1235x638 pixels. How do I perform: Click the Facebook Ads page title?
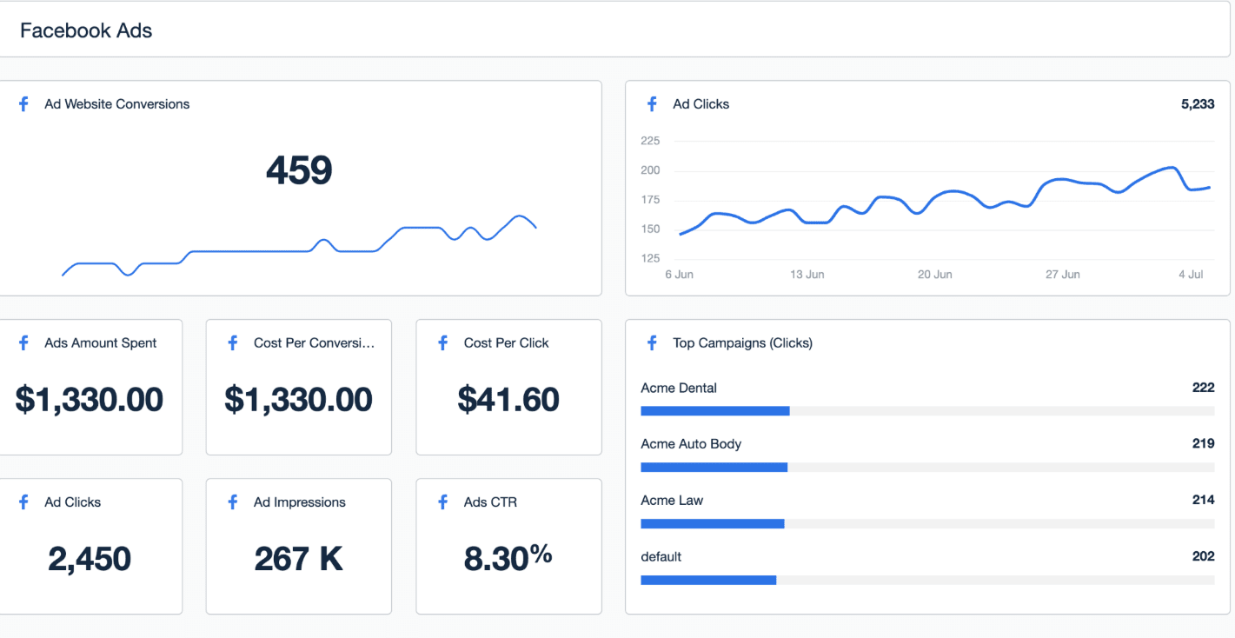(86, 30)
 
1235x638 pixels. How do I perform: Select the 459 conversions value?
(299, 169)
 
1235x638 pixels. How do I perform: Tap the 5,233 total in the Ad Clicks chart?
(1198, 104)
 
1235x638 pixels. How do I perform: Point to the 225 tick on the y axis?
(650, 141)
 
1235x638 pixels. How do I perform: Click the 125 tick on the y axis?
(650, 258)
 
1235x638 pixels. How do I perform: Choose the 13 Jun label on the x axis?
(807, 274)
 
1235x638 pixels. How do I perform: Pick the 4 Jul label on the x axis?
(1191, 274)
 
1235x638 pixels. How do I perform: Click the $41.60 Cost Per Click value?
(508, 399)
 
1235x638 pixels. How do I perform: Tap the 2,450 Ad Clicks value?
(90, 559)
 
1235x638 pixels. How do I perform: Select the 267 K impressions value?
(299, 559)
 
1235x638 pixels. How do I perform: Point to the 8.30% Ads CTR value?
(508, 557)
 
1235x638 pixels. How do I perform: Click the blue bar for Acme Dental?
(715, 411)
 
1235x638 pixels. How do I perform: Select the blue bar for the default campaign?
(708, 580)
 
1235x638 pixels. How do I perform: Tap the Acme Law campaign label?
(672, 500)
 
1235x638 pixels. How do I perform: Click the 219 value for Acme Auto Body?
(1203, 443)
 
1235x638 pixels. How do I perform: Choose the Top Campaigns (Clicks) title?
(743, 343)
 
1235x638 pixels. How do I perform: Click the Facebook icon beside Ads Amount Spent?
(23, 343)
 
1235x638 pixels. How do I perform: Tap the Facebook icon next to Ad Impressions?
(233, 502)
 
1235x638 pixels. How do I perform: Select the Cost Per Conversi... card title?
(315, 343)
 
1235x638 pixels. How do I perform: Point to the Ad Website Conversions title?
(116, 104)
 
